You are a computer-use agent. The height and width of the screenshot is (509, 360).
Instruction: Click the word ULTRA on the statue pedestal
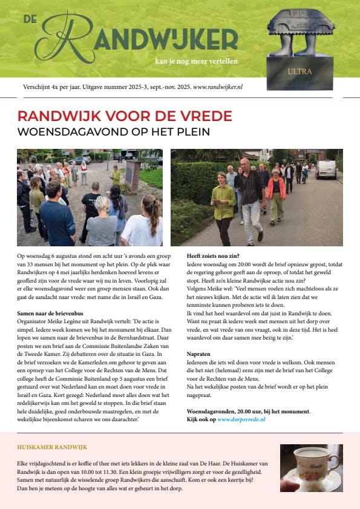301,71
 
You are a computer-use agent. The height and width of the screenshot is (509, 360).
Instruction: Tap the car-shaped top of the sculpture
301,24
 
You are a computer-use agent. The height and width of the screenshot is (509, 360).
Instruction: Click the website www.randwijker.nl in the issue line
218,87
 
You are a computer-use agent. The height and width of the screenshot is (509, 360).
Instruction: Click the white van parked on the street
326,169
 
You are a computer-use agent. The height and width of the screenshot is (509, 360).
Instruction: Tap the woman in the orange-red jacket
275,191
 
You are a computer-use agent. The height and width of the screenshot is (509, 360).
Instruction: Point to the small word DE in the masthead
30,19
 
